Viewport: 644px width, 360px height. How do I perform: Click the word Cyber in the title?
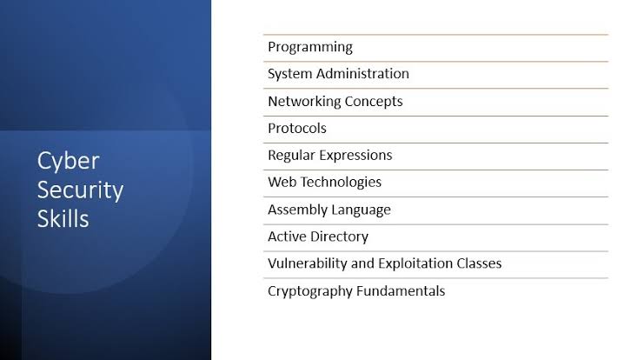pyautogui.click(x=68, y=162)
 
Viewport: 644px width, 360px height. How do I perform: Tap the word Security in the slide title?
pyautogui.click(x=81, y=190)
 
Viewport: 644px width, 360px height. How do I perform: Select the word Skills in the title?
pyautogui.click(x=63, y=218)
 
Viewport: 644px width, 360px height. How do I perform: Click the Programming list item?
pyautogui.click(x=310, y=47)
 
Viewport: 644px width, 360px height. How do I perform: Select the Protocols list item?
pyautogui.click(x=297, y=128)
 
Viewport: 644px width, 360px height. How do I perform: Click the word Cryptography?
pyautogui.click(x=310, y=291)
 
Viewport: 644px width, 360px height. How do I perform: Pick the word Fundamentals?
pyautogui.click(x=401, y=291)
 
